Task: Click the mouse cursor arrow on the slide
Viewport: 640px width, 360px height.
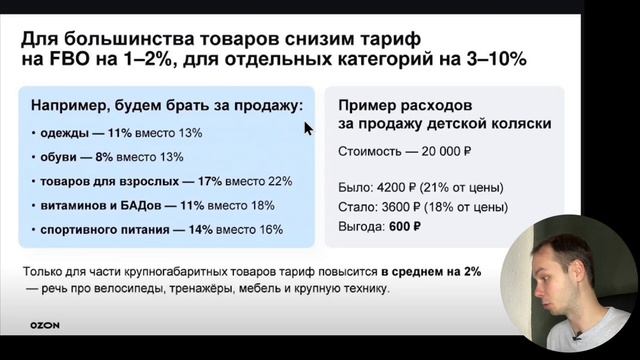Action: (309, 128)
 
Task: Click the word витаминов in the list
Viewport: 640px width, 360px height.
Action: (71, 204)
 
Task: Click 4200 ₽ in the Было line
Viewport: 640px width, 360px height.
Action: (407, 187)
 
